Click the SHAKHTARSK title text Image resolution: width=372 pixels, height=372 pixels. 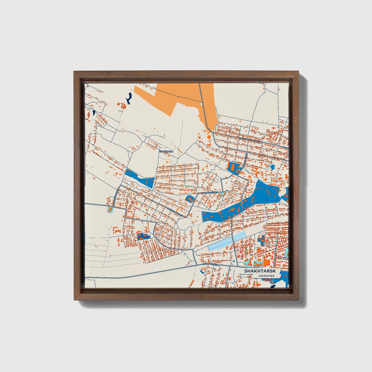tap(260, 271)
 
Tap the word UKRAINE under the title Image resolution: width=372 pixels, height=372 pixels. tap(267, 276)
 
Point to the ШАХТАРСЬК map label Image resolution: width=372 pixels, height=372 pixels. tap(166, 152)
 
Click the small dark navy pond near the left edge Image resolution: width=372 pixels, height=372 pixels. tap(93, 113)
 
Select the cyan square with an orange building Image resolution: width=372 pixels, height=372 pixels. tap(110, 210)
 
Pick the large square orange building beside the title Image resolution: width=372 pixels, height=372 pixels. tap(266, 263)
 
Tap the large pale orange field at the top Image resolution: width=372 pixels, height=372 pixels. tap(180, 95)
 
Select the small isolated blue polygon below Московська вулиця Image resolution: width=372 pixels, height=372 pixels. tap(272, 167)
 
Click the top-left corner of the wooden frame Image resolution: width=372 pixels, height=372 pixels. tap(75, 72)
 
